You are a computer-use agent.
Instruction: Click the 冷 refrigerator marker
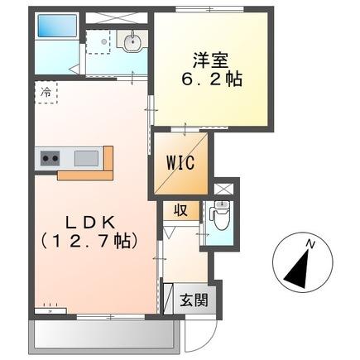click(x=46, y=92)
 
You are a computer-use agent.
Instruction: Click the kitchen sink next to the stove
click(x=85, y=156)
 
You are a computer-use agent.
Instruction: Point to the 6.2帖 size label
click(x=212, y=82)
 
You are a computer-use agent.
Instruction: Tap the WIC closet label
click(x=180, y=162)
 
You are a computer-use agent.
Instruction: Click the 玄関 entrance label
click(x=189, y=299)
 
